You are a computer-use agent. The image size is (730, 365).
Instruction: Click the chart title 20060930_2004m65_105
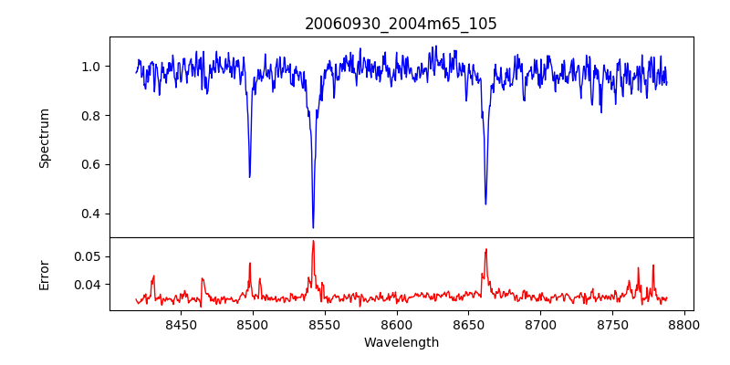coord(401,24)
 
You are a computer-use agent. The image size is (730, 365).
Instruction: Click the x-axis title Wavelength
coord(401,343)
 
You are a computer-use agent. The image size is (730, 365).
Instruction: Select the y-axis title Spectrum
coord(45,138)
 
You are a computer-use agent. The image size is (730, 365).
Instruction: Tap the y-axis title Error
coord(45,274)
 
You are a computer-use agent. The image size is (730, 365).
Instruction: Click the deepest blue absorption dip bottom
coord(313,227)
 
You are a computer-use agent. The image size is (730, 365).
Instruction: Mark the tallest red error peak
coord(313,241)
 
